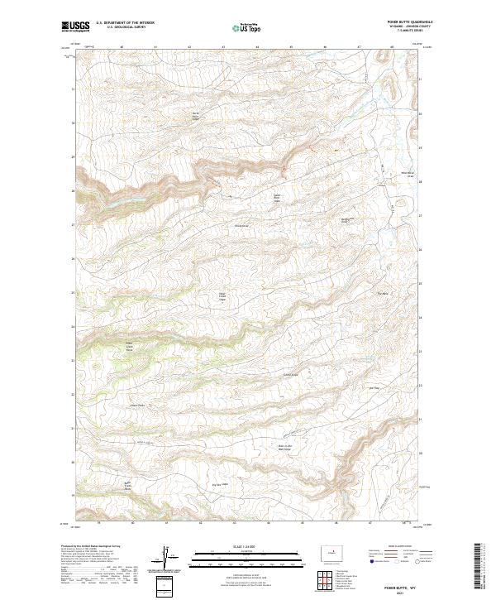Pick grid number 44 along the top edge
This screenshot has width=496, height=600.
(x=258, y=47)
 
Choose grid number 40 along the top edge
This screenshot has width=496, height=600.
(x=122, y=47)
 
